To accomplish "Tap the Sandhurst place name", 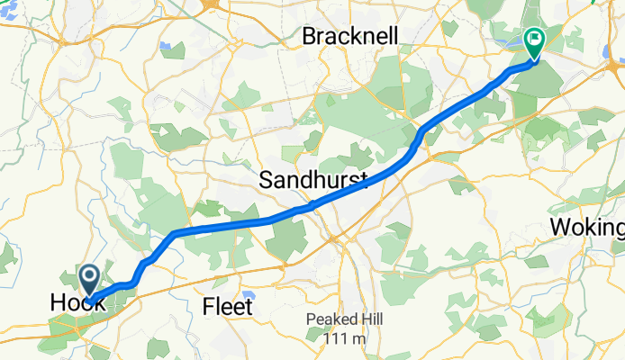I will click(x=314, y=180).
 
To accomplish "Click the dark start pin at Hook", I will click(x=89, y=279).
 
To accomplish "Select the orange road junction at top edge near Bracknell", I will click(x=212, y=5).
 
